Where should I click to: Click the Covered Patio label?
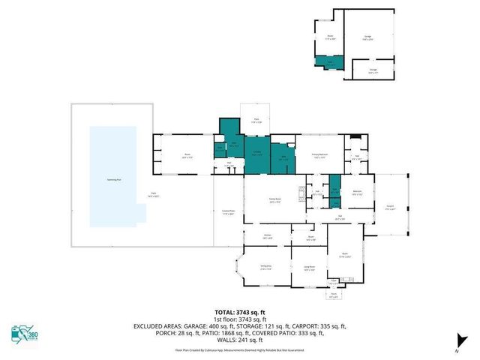coord(228,212)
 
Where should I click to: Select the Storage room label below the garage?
coord(373,72)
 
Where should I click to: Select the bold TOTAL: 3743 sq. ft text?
coord(239,313)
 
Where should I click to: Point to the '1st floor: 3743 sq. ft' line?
coord(239,319)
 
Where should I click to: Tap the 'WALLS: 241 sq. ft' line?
coord(239,341)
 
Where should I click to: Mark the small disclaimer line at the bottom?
coord(239,349)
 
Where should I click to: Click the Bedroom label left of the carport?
coord(358,193)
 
